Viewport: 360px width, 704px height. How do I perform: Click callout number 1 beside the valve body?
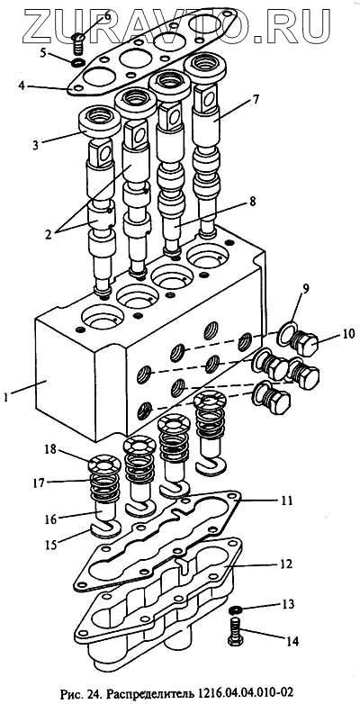5,397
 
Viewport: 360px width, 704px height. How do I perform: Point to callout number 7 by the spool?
256,100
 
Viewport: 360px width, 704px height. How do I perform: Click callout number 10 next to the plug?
348,334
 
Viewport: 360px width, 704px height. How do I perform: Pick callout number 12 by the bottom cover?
286,564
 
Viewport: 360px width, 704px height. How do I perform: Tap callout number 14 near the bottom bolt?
292,641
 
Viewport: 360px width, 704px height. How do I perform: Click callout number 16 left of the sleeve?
51,519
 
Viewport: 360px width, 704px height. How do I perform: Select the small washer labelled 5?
79,61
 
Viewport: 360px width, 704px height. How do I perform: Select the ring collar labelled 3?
99,122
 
